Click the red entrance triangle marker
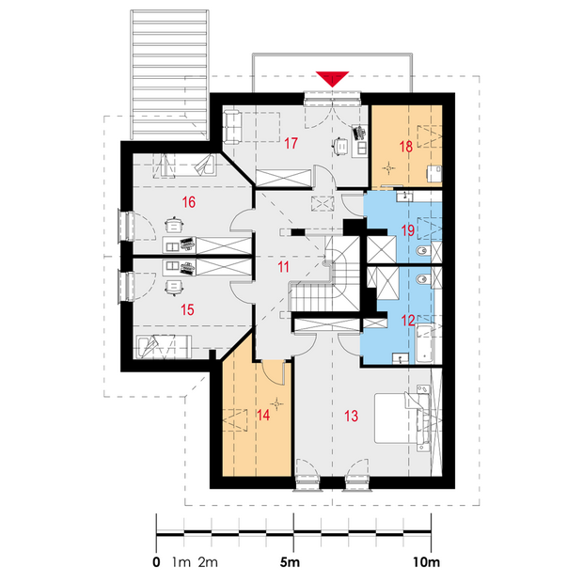332,78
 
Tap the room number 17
291,143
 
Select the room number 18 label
406,147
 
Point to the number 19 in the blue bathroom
408,230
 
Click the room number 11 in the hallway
283,267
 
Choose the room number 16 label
188,202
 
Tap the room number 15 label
187,309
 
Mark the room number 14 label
263,415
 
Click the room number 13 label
351,416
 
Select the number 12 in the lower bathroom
408,320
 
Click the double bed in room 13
402,418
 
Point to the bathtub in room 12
425,343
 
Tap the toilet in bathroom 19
422,252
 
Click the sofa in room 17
233,127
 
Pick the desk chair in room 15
174,288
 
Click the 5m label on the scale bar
290,562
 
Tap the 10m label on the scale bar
427,562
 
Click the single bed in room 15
164,347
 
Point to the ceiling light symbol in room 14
276,403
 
